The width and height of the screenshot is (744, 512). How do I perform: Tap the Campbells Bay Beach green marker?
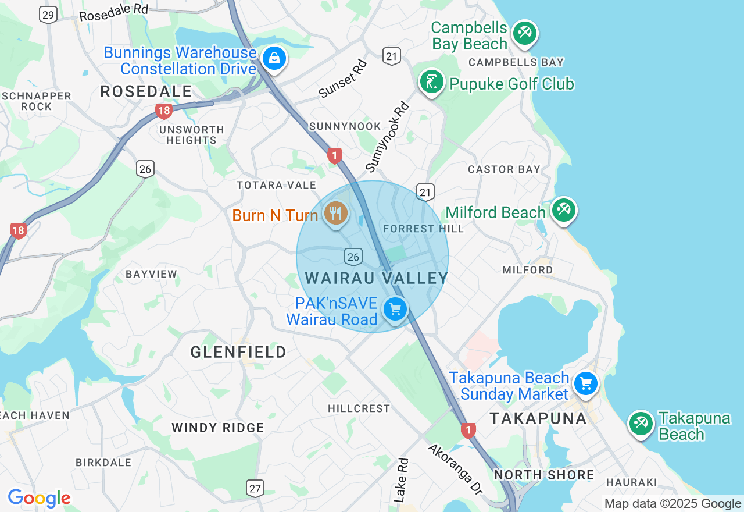[x=525, y=32]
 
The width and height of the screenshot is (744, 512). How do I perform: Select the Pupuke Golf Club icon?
[x=432, y=82]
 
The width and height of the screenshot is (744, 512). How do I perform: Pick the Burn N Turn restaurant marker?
[x=335, y=214]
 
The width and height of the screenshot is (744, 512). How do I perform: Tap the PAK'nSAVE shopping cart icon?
[x=396, y=309]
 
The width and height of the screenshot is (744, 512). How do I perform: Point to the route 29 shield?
[x=49, y=15]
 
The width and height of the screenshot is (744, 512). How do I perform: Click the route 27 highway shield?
[x=255, y=488]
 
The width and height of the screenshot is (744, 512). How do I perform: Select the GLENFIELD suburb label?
[x=238, y=352]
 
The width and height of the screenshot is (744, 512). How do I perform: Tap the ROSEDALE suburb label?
[x=146, y=91]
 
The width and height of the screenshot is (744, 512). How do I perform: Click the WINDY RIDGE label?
[x=218, y=428]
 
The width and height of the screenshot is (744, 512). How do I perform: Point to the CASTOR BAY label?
[x=505, y=169]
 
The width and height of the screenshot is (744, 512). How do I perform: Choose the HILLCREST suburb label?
[x=359, y=408]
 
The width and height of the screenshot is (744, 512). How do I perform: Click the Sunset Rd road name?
[x=343, y=79]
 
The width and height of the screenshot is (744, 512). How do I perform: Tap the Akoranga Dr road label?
[x=455, y=469]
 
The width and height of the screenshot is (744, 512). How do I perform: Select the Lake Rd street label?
[x=401, y=480]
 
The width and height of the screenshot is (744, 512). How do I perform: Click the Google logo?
[x=39, y=498]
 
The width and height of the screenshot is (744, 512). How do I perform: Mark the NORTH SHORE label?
[x=544, y=475]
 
